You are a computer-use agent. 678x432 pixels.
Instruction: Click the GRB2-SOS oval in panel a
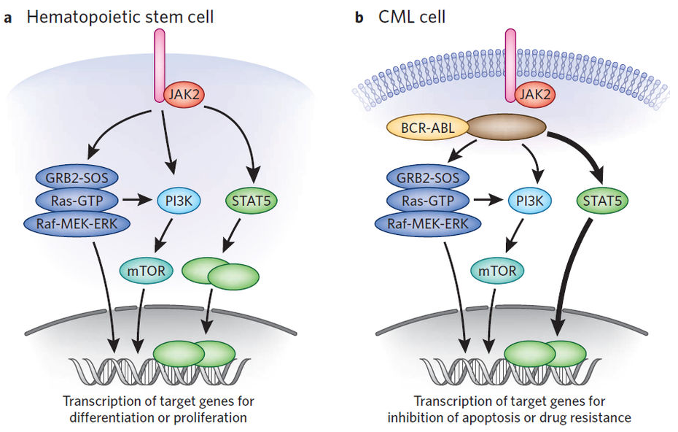77,177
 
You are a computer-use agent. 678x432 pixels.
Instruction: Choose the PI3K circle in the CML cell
528,198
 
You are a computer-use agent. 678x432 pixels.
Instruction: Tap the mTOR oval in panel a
142,271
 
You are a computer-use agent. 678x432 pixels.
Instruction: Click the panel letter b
359,16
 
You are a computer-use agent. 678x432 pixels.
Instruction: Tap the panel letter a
8,16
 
